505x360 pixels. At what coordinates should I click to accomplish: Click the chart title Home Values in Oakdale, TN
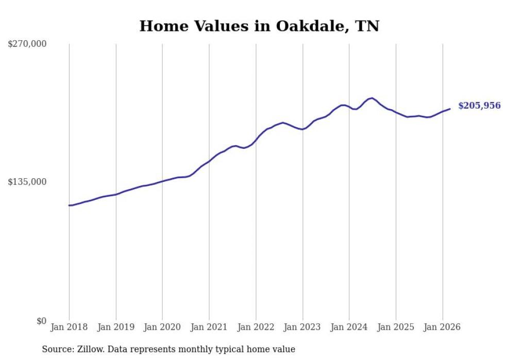click(259, 26)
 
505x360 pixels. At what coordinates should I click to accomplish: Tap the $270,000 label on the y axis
click(27, 44)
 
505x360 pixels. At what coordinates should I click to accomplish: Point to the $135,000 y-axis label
click(27, 182)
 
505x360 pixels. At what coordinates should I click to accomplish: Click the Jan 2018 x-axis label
click(69, 327)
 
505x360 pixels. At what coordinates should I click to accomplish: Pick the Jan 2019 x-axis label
click(116, 327)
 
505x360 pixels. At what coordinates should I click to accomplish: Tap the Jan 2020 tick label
click(162, 327)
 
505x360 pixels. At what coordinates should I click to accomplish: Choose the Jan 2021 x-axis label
click(209, 327)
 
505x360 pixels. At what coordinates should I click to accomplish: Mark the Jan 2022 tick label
click(256, 327)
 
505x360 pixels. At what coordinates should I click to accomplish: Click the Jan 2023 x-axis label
click(302, 327)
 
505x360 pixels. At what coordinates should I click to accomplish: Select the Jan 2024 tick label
click(349, 327)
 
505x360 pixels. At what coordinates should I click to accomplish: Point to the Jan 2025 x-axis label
click(396, 327)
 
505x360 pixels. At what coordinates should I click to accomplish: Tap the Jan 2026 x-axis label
click(443, 327)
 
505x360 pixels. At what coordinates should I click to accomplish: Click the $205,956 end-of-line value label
click(479, 106)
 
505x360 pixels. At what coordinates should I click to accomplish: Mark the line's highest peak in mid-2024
click(372, 98)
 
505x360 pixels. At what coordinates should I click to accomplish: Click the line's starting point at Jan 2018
click(69, 205)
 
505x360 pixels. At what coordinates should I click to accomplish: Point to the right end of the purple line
click(450, 109)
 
